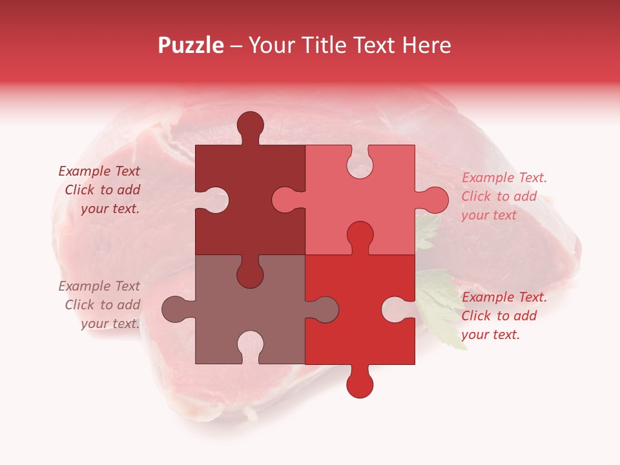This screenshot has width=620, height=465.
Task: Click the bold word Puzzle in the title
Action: (191, 45)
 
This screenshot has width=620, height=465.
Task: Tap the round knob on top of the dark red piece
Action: (250, 125)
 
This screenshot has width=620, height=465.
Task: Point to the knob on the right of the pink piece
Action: (435, 200)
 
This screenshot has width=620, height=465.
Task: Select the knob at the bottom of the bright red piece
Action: (360, 384)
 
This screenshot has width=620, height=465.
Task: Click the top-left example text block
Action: (101, 190)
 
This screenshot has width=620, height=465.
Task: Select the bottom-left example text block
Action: (101, 305)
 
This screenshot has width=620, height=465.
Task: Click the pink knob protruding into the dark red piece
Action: (285, 200)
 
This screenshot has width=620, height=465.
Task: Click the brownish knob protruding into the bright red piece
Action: (325, 309)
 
